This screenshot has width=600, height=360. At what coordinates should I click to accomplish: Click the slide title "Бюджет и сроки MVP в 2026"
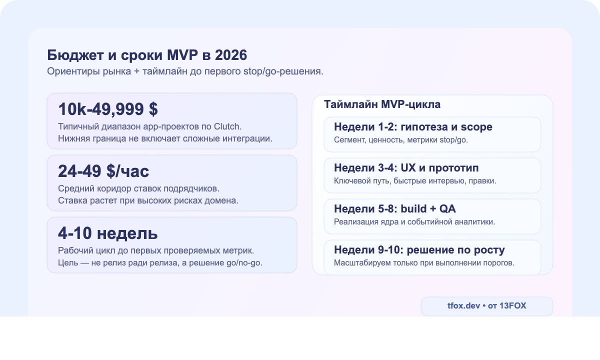pos(147,55)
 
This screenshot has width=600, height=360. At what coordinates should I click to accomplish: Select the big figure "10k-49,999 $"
pos(108,109)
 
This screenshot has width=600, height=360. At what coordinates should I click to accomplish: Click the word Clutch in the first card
pos(229,126)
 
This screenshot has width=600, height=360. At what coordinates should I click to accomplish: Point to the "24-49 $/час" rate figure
pos(103,171)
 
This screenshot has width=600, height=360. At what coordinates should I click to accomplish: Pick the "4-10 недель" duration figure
pos(108,233)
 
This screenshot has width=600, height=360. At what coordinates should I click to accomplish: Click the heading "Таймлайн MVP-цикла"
pos(382,105)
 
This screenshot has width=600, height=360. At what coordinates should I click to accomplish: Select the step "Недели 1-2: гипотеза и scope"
pos(413,126)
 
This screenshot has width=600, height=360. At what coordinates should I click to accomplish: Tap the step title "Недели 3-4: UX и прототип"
pos(406,167)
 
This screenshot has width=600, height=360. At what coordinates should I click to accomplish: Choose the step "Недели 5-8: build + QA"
pos(395,208)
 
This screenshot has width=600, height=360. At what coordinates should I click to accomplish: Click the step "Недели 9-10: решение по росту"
pos(419,250)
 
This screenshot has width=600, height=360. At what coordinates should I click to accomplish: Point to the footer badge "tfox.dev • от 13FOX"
pos(487,306)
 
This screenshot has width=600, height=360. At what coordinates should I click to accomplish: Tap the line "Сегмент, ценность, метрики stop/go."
pos(401,140)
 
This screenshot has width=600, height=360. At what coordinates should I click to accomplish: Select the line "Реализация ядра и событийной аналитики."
pos(414,222)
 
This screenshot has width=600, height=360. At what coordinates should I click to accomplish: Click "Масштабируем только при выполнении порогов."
pos(424,263)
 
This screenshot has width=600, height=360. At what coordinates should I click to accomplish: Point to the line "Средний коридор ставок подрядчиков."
pos(138,189)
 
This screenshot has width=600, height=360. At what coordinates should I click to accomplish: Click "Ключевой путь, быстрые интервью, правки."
pos(415,181)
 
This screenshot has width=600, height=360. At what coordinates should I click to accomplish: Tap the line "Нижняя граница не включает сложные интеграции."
pos(165,138)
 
